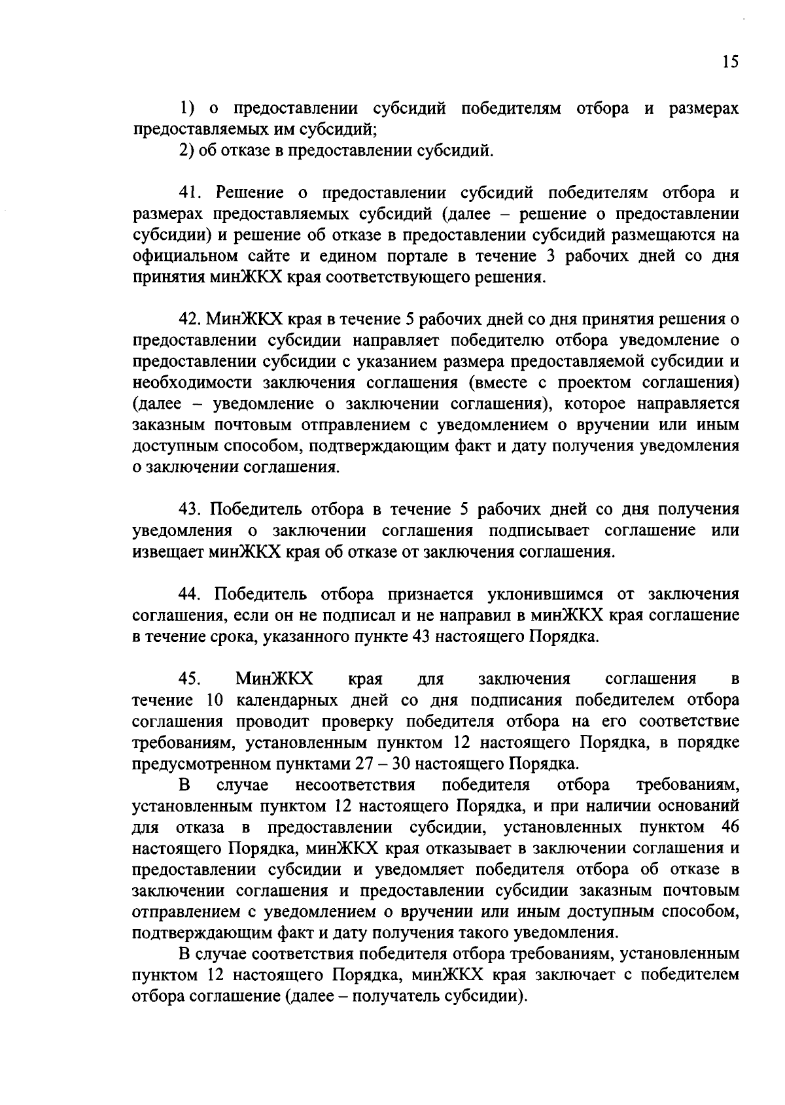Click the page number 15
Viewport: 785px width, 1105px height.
tap(730, 61)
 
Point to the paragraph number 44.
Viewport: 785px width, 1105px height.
tap(190, 594)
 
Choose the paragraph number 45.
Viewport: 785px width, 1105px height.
tap(190, 678)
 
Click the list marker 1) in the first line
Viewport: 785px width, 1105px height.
tap(188, 109)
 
